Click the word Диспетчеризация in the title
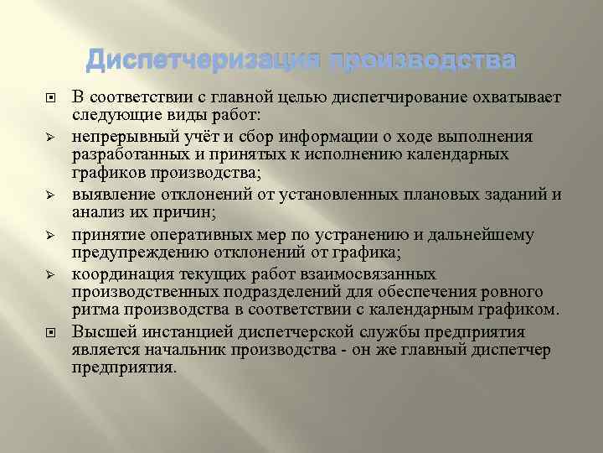(x=204, y=60)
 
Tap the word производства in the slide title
(x=422, y=60)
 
